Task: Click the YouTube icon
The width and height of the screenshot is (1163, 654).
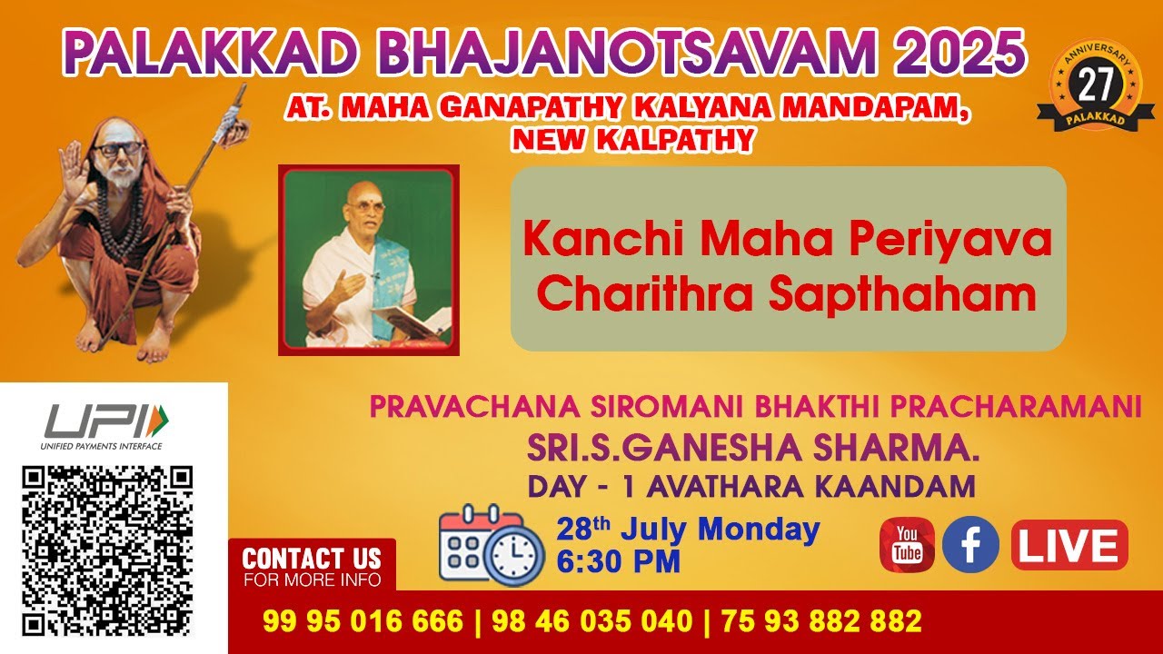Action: [x=906, y=545]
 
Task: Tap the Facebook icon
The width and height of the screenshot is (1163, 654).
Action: [x=970, y=545]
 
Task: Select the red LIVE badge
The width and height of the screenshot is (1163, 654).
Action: [x=1069, y=546]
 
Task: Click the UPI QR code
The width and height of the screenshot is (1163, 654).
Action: [x=107, y=550]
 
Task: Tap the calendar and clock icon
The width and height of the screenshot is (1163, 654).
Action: [x=479, y=544]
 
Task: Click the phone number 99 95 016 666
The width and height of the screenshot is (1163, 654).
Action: [x=363, y=622]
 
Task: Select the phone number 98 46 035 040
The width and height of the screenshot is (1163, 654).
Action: [x=591, y=622]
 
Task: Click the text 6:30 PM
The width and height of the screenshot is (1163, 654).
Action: [x=618, y=561]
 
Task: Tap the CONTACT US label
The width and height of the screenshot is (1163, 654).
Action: [x=312, y=558]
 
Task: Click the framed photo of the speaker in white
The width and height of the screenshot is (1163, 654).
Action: [x=368, y=260]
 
